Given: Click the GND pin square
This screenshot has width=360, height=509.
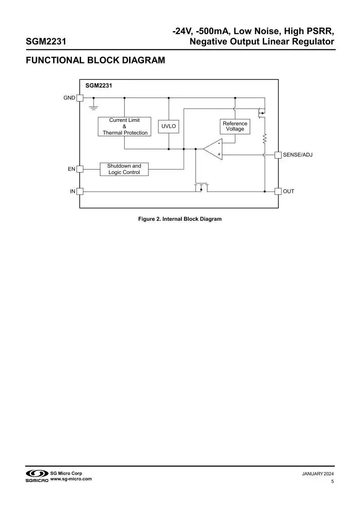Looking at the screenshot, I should click(80, 98).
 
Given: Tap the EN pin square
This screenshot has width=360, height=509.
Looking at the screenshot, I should click(80, 169).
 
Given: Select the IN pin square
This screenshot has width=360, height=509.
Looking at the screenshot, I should click(80, 192).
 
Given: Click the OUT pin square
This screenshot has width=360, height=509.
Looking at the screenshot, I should click(278, 192).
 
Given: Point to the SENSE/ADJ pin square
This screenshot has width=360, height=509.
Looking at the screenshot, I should click(278, 155).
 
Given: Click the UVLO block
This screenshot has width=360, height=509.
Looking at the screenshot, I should click(169, 126).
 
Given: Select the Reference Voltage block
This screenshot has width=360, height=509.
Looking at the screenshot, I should click(235, 126).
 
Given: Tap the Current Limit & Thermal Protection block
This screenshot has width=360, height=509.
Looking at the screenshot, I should click(125, 126).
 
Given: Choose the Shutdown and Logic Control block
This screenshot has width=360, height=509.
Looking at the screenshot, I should click(124, 169).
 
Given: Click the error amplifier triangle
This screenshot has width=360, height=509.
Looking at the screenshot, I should click(212, 149).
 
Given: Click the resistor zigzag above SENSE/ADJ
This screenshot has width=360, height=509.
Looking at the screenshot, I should click(265, 138).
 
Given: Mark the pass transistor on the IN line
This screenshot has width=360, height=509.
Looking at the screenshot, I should click(201, 187).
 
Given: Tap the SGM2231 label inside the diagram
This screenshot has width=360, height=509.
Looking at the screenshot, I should click(99, 85).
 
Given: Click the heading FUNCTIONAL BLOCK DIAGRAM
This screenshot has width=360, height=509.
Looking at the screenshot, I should click(95, 60).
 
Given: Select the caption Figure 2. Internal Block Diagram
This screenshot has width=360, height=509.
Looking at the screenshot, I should click(180, 219).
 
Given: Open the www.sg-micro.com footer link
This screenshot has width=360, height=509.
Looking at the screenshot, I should click(71, 479).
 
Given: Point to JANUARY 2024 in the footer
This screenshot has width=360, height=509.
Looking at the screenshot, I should click(318, 474).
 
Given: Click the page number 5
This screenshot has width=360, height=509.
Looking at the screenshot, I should click(333, 482).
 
